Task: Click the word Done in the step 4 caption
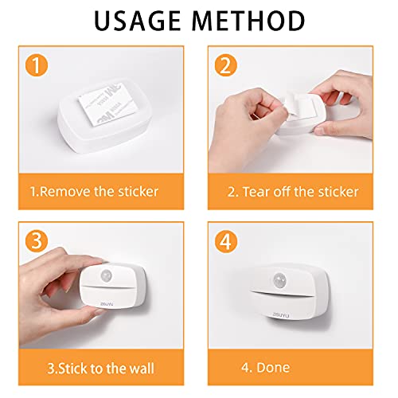pos(274,367)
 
